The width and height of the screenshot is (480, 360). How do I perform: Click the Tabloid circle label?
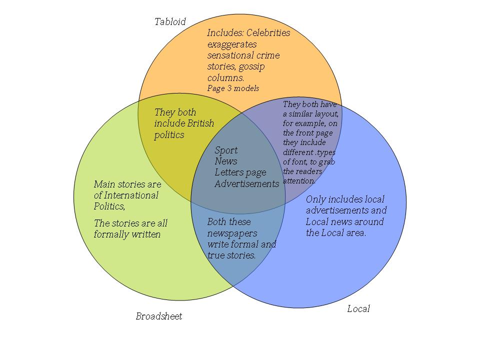click(169, 21)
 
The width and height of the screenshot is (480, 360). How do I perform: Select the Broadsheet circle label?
click(159, 316)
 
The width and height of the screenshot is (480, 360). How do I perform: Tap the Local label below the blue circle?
click(358, 309)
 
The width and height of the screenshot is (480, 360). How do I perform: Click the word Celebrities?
click(268, 33)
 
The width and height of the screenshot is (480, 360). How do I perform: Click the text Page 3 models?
click(233, 88)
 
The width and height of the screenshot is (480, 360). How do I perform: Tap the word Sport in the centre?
click(226, 150)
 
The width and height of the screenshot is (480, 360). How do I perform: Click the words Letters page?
click(240, 172)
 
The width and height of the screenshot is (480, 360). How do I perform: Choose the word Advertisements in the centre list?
click(246, 184)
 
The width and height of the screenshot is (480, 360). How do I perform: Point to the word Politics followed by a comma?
click(109, 206)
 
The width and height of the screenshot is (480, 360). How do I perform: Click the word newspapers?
click(232, 233)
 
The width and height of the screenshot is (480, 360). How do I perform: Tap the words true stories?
click(231, 255)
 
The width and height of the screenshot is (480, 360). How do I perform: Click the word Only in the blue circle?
click(315, 199)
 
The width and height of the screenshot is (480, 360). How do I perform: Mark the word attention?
click(299, 180)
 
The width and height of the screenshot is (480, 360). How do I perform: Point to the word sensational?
click(231, 55)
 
